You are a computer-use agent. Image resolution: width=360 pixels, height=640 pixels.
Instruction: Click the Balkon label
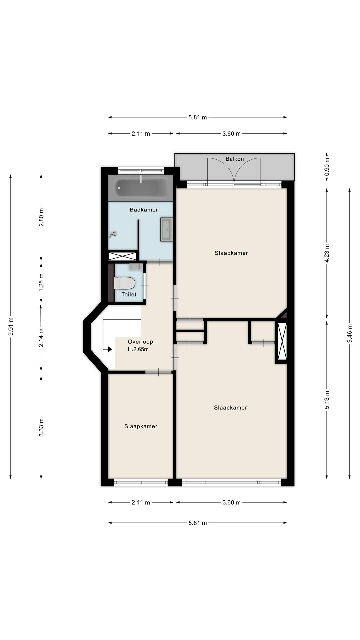tap(235, 159)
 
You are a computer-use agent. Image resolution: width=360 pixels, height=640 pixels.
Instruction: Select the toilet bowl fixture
tap(124, 283)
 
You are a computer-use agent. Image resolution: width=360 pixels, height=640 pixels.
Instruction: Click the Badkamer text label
tap(144, 210)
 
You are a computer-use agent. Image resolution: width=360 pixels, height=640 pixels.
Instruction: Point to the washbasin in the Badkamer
tap(167, 229)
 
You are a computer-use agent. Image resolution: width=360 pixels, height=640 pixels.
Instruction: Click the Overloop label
tap(140, 342)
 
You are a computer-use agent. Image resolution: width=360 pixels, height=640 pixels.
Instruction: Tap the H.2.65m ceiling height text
tap(138, 349)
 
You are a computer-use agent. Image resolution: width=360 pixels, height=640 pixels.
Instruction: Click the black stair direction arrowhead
tap(109, 349)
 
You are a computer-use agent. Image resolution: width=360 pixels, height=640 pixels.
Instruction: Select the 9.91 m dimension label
tap(11, 327)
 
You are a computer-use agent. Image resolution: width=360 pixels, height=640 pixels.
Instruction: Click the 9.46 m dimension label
tap(350, 333)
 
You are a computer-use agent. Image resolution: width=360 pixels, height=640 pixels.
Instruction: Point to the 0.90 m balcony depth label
tap(327, 167)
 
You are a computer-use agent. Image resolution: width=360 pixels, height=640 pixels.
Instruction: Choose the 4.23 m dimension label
tap(327, 253)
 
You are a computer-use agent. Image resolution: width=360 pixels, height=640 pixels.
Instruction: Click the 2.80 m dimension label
tap(41, 217)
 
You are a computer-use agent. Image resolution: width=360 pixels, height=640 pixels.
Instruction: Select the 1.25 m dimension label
tap(41, 282)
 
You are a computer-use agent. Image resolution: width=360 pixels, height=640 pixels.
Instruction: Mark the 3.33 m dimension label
tap(41, 427)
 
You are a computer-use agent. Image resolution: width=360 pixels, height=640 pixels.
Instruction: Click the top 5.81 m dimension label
tap(198, 117)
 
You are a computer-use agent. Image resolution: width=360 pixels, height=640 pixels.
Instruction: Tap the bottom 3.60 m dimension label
tap(231, 502)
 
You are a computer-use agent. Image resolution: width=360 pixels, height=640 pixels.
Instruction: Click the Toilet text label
tap(129, 294)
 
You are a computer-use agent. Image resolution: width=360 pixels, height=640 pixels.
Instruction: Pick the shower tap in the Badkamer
tap(112, 234)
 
